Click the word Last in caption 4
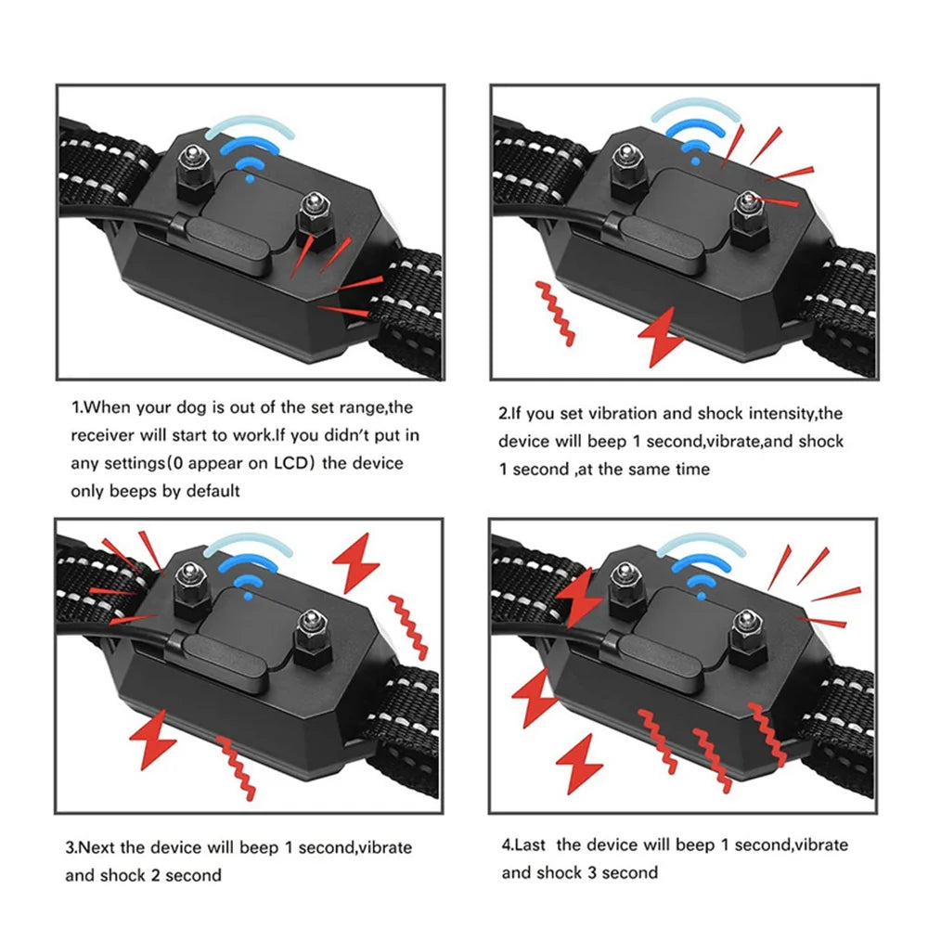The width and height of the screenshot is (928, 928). pyautogui.click(x=532, y=844)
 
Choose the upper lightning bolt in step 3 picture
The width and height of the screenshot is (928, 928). pyautogui.click(x=356, y=562)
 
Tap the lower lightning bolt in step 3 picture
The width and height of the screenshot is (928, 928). pyautogui.click(x=153, y=739)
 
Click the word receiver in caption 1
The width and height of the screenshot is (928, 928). pyautogui.click(x=103, y=435)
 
